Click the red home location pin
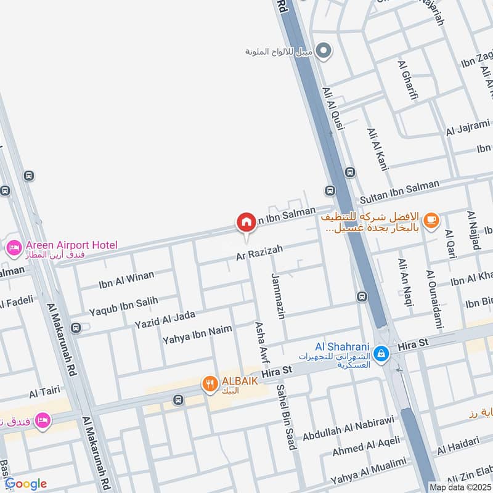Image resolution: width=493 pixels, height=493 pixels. (246, 222)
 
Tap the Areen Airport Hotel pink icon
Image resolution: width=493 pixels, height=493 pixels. (12, 248)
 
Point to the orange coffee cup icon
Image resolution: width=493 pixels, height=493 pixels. (431, 219)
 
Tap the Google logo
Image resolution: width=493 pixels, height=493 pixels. (26, 484)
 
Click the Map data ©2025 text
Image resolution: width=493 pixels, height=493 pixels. (460, 487)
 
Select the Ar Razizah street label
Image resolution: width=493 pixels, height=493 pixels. (260, 251)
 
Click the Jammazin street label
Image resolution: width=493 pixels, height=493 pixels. (278, 296)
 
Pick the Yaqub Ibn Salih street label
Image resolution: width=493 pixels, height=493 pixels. (123, 304)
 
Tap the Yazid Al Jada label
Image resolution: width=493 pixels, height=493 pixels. (165, 320)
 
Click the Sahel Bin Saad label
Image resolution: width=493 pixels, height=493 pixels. (285, 417)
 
